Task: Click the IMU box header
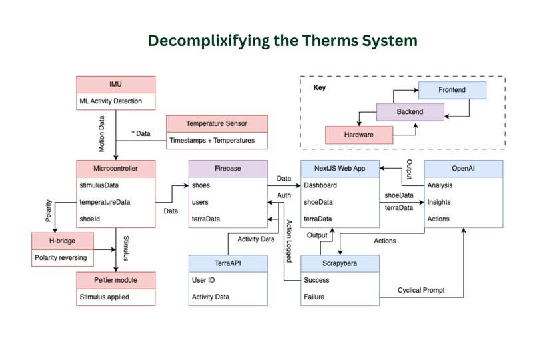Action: (x=116, y=85)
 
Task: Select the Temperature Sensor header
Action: (x=216, y=123)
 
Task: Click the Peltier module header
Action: (x=116, y=280)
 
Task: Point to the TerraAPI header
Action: (x=229, y=263)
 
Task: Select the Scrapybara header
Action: (x=340, y=263)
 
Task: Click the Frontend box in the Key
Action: (x=452, y=89)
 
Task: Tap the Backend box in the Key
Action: (x=410, y=111)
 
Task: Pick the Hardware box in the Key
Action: (x=360, y=135)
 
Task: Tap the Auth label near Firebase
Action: (x=284, y=195)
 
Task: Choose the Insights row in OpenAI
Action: (x=440, y=202)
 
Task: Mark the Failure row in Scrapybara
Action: (x=314, y=297)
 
